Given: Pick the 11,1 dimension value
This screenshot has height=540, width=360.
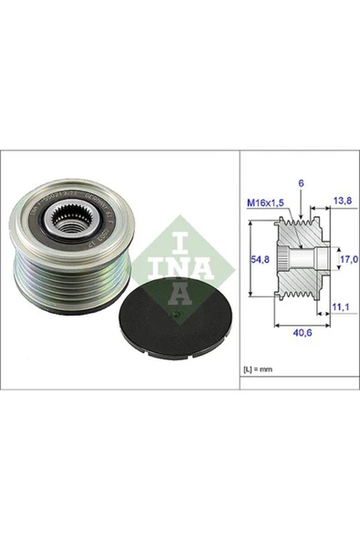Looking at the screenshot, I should pos(342,309).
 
